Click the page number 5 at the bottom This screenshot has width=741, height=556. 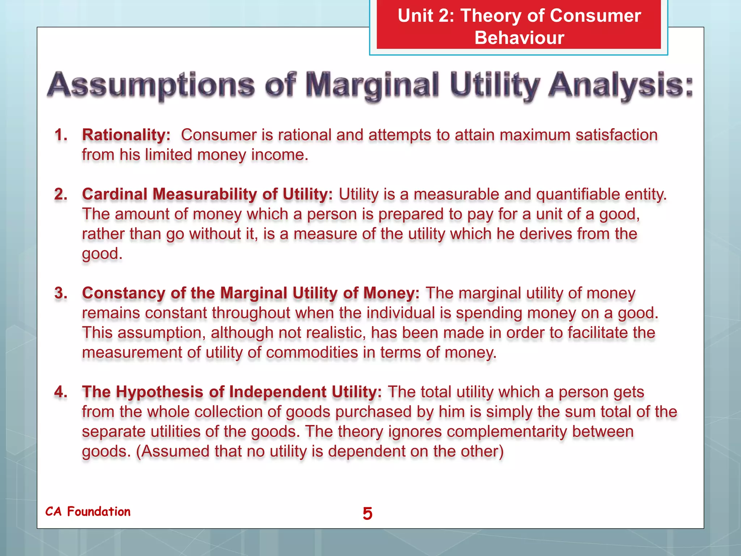coord(367,514)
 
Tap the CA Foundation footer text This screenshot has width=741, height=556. coord(88,511)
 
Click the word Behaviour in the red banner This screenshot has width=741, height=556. coord(519,38)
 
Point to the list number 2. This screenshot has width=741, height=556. coord(61,194)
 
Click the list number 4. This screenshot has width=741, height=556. coord(61,392)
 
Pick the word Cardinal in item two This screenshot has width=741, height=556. coord(114,194)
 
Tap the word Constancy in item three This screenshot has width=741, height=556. coord(123,293)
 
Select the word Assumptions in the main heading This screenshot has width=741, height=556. coord(151,86)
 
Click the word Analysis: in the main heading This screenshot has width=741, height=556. coord(620,86)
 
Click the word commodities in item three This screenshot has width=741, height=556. coord(312,353)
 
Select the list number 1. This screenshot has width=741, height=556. coord(61,135)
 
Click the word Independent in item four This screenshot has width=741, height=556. coord(278,392)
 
